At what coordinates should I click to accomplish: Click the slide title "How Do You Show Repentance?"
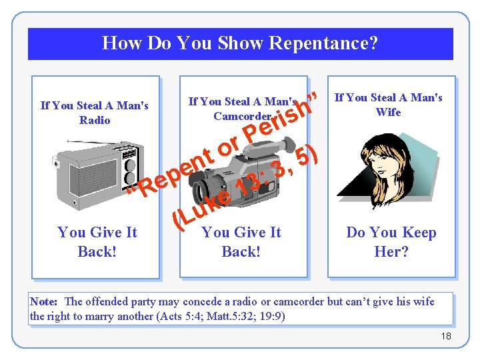coord(240,43)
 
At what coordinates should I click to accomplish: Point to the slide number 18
coord(446,336)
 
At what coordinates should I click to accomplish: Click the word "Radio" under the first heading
coord(94,120)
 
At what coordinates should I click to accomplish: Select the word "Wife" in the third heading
coord(388,112)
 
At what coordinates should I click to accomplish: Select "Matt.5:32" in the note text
coord(237,316)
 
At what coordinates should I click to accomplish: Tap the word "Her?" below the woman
coord(391,252)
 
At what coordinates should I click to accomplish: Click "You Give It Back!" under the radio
coord(97,241)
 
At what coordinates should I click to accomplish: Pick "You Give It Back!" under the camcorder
coord(241,241)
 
